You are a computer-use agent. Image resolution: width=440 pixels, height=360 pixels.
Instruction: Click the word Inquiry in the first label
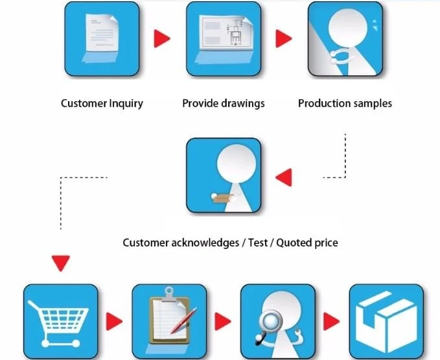pos(126,104)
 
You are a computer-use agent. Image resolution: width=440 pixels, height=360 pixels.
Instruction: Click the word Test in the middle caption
pos(258,243)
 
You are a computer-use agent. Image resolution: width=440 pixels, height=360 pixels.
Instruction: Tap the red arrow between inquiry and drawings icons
pos(162,38)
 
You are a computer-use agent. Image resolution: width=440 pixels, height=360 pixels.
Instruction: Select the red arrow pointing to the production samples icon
pos(284,38)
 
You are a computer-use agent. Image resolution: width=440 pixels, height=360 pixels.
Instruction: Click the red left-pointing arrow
pos(284,178)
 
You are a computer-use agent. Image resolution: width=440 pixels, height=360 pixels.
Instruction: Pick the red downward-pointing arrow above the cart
pos(61,263)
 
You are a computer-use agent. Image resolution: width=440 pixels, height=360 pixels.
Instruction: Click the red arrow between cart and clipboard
pos(114,321)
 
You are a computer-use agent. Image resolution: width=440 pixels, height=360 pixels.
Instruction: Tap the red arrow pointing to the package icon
pos(331,321)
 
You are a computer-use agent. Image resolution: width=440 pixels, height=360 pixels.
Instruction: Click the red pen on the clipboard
pos(184,320)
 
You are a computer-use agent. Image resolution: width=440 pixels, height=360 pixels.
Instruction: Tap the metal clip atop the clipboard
pos(169,294)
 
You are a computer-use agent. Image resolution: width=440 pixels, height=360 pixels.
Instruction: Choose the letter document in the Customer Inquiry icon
pos(102,33)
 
